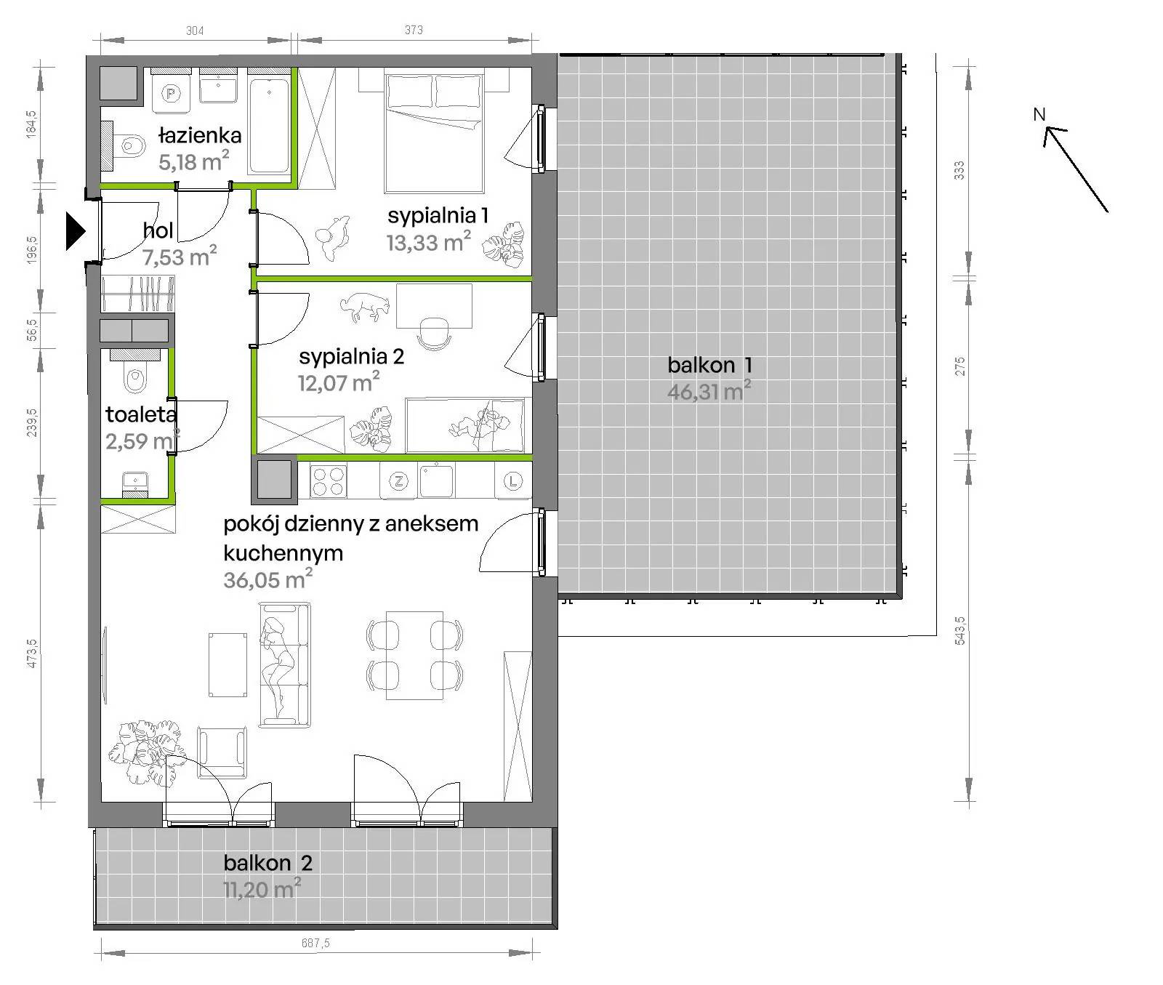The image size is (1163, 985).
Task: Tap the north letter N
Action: tap(1039, 114)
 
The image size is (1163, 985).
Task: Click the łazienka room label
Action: tap(200, 135)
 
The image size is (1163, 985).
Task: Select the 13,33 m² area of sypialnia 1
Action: tap(428, 241)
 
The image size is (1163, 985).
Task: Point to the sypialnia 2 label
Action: tap(351, 357)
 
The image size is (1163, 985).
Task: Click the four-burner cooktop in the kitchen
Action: tap(328, 481)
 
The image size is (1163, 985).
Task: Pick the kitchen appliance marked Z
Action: tap(398, 481)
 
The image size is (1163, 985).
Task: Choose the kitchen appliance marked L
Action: tap(513, 481)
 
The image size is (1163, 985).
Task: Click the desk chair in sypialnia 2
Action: tap(435, 333)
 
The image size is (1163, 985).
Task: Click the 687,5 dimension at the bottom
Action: tap(315, 944)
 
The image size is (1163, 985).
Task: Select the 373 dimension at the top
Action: tap(414, 30)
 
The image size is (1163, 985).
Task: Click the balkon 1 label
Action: tap(709, 365)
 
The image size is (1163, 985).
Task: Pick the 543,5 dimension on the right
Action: tap(960, 630)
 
